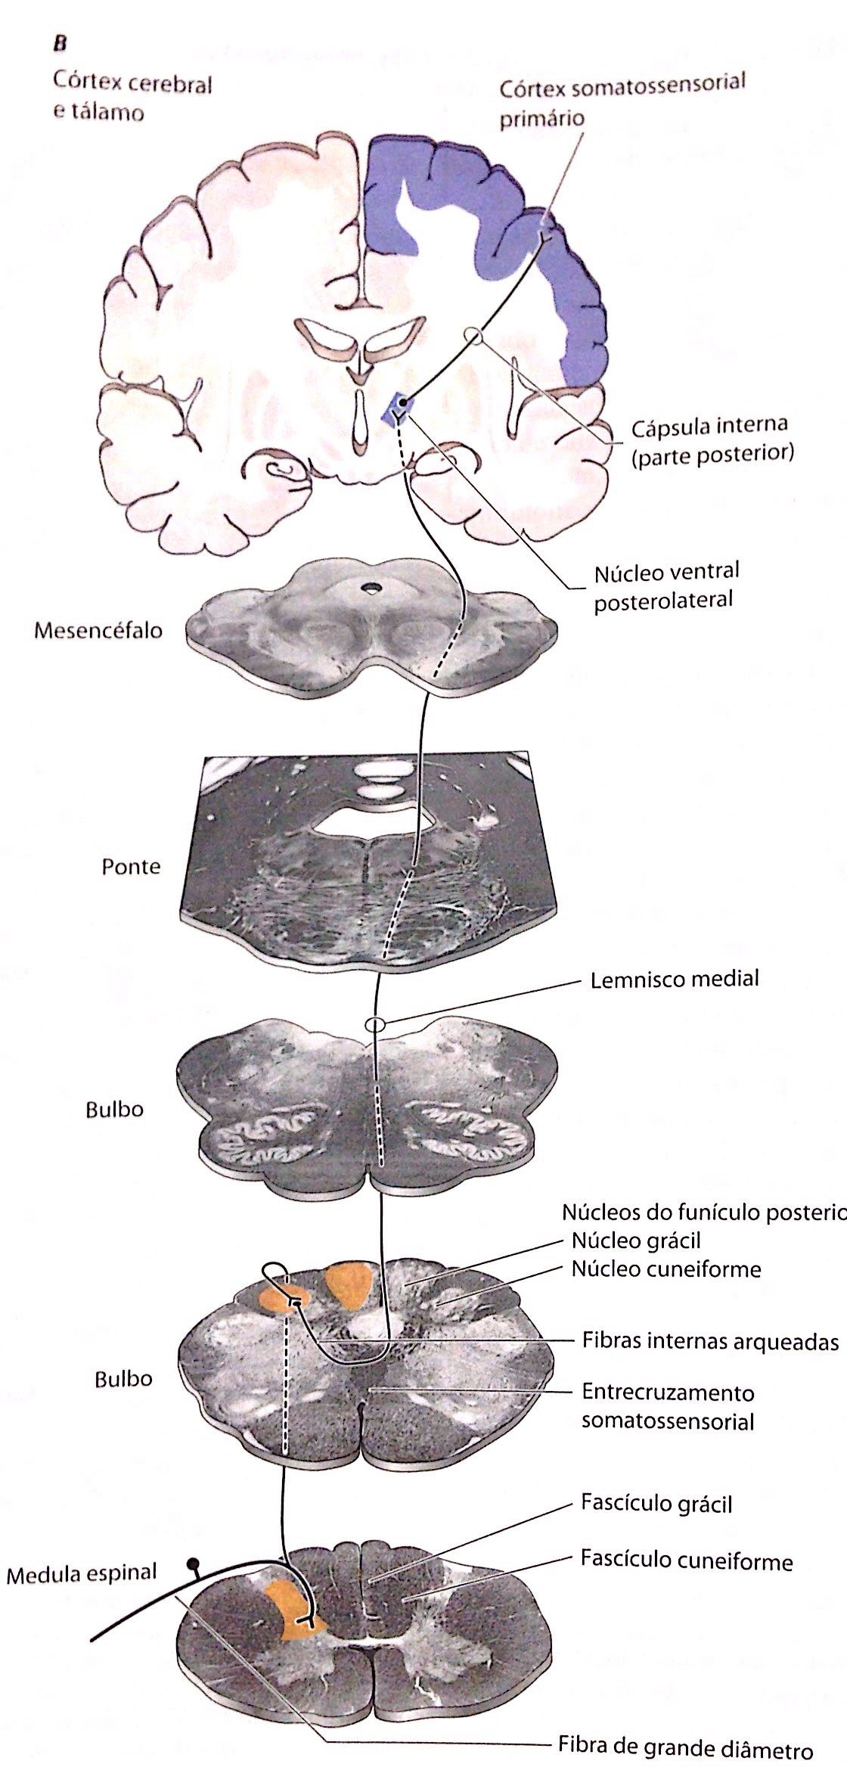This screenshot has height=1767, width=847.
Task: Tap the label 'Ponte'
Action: pyautogui.click(x=131, y=866)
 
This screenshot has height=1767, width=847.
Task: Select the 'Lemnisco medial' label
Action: pyautogui.click(x=675, y=979)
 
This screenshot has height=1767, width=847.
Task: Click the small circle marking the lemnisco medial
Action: pyautogui.click(x=375, y=1024)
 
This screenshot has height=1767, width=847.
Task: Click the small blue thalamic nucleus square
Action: pyautogui.click(x=397, y=408)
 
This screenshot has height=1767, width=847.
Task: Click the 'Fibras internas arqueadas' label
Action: pyautogui.click(x=709, y=1340)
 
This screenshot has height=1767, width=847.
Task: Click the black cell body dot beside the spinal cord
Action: pyautogui.click(x=194, y=1562)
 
